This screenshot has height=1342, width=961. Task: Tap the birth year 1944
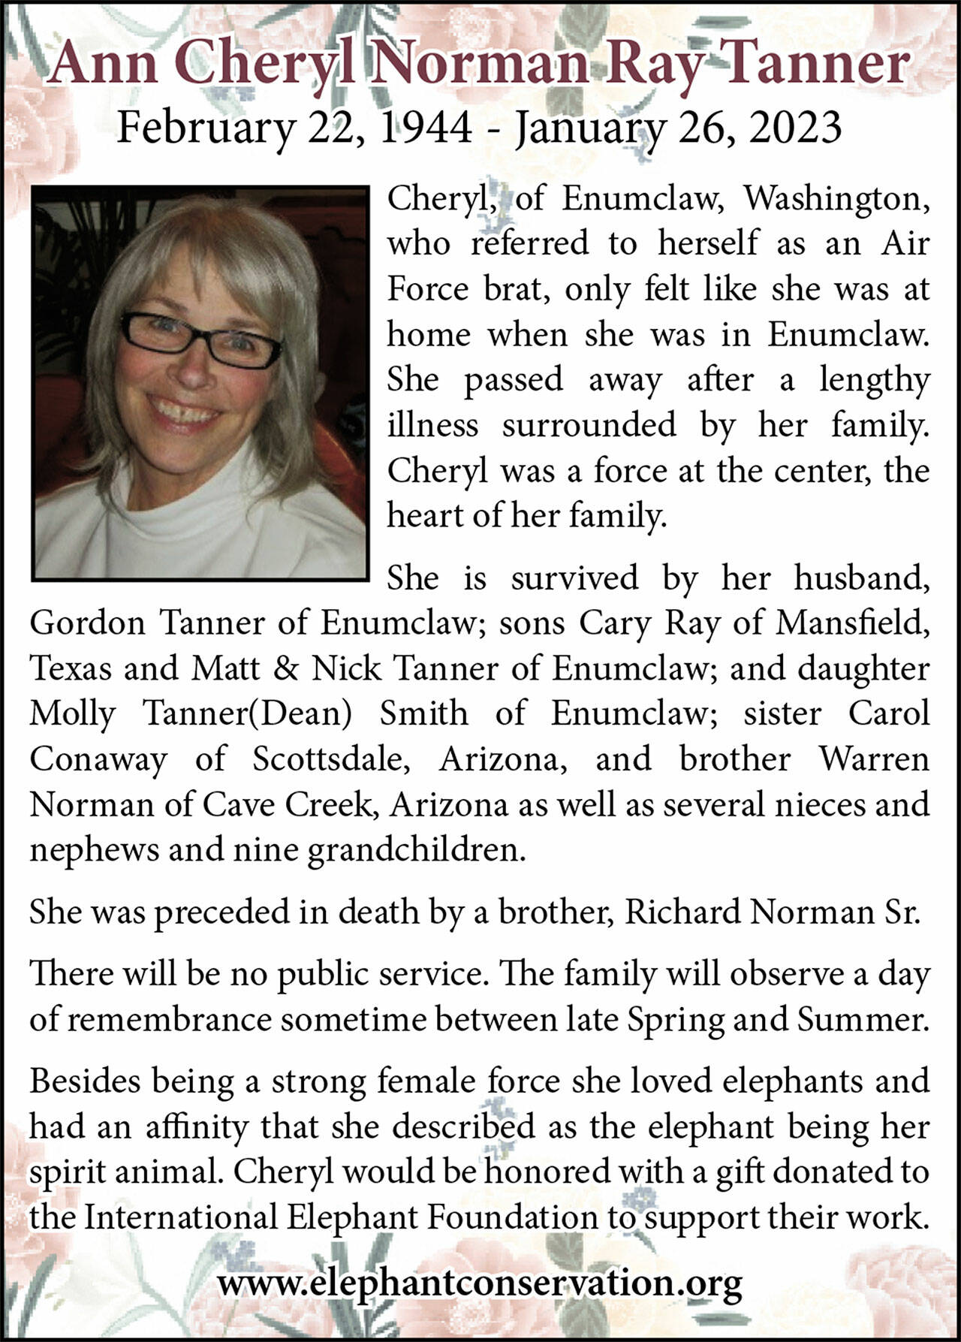pos(426,127)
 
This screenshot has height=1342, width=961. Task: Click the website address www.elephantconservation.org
pos(480,1283)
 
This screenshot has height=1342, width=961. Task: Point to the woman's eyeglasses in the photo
pos(201,339)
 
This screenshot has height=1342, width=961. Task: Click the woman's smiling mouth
pos(185,412)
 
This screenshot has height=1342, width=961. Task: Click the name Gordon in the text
pos(87,623)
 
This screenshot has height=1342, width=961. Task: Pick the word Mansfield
pos(852,623)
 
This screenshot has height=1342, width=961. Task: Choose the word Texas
pos(71,668)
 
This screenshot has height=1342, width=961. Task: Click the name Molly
pos(72,714)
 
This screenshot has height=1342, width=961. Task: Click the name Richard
pos(682,912)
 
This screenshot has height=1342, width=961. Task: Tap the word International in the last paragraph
pos(180,1217)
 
